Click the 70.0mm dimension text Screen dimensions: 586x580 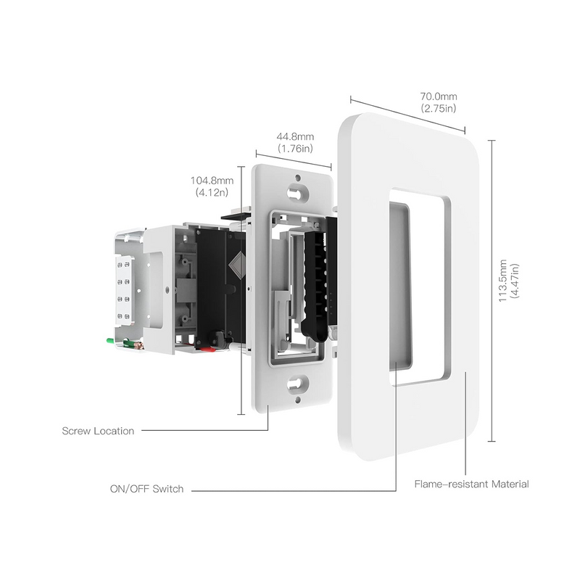coord(439,96)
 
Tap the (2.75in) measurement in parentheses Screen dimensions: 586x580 coord(439,108)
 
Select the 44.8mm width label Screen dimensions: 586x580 coord(296,137)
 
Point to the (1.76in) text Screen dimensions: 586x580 coord(295,149)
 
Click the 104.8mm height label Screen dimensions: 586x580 coord(213,181)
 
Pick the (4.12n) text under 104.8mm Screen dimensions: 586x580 coord(212,193)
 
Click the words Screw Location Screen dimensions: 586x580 coord(98,431)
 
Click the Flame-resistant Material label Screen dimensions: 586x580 coord(471,484)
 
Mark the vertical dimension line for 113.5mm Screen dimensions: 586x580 coord(493,290)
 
